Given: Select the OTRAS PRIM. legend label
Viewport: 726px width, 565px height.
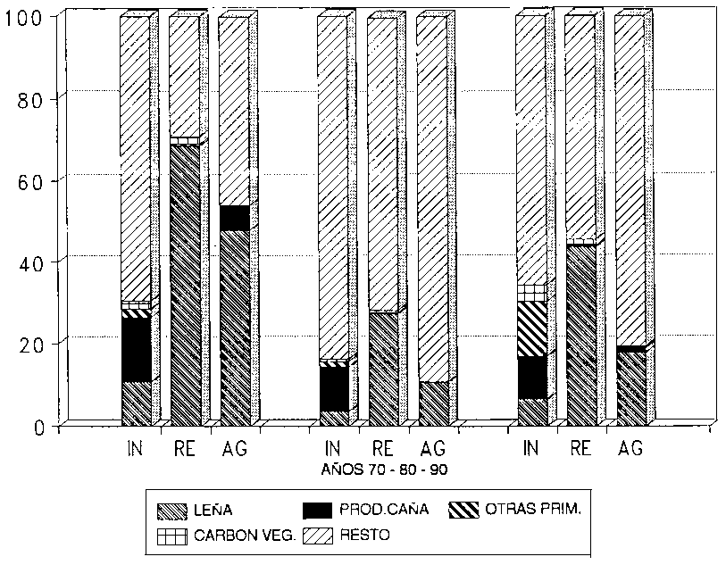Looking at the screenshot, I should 534,511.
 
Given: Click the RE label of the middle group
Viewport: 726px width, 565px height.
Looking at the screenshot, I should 382,448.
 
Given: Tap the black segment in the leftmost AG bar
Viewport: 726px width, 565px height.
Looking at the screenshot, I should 234,218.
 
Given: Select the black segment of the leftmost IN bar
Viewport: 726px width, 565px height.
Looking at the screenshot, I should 136,349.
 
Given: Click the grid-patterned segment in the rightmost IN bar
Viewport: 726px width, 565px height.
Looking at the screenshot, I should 530,293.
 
